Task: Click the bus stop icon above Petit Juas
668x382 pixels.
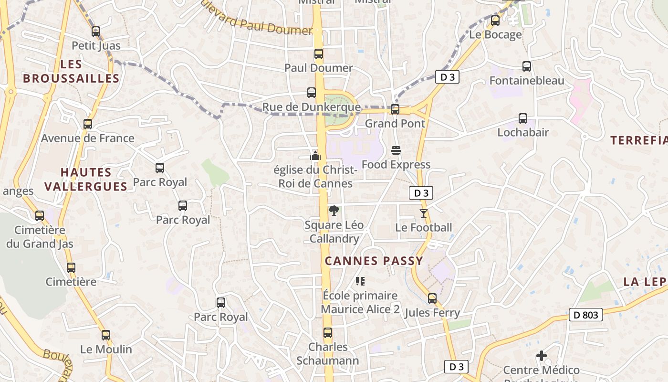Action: coord(96,32)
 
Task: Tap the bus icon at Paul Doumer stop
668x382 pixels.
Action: coord(319,54)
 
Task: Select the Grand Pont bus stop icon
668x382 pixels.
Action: coord(395,109)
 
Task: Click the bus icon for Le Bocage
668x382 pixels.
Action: coord(495,21)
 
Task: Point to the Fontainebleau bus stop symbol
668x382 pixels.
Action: coord(527,66)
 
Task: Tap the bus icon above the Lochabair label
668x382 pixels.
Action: coord(523,118)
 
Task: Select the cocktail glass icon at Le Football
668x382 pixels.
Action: coord(424,213)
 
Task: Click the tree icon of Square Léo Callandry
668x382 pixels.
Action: coord(334,211)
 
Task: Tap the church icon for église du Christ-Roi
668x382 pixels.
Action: coord(315,156)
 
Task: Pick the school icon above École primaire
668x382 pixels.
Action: coord(360,281)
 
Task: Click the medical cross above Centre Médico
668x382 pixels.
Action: coord(542,356)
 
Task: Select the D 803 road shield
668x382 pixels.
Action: coord(586,315)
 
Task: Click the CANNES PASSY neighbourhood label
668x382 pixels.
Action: coord(374,261)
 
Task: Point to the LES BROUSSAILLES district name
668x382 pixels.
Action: coord(71,71)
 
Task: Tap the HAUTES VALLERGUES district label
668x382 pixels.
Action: coord(86,179)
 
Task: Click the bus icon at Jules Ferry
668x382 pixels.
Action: coord(432,298)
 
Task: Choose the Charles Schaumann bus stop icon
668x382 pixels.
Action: coord(328,333)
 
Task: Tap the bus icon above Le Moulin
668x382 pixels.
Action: coord(106,335)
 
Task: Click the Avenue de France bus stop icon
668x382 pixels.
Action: coord(88,124)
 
